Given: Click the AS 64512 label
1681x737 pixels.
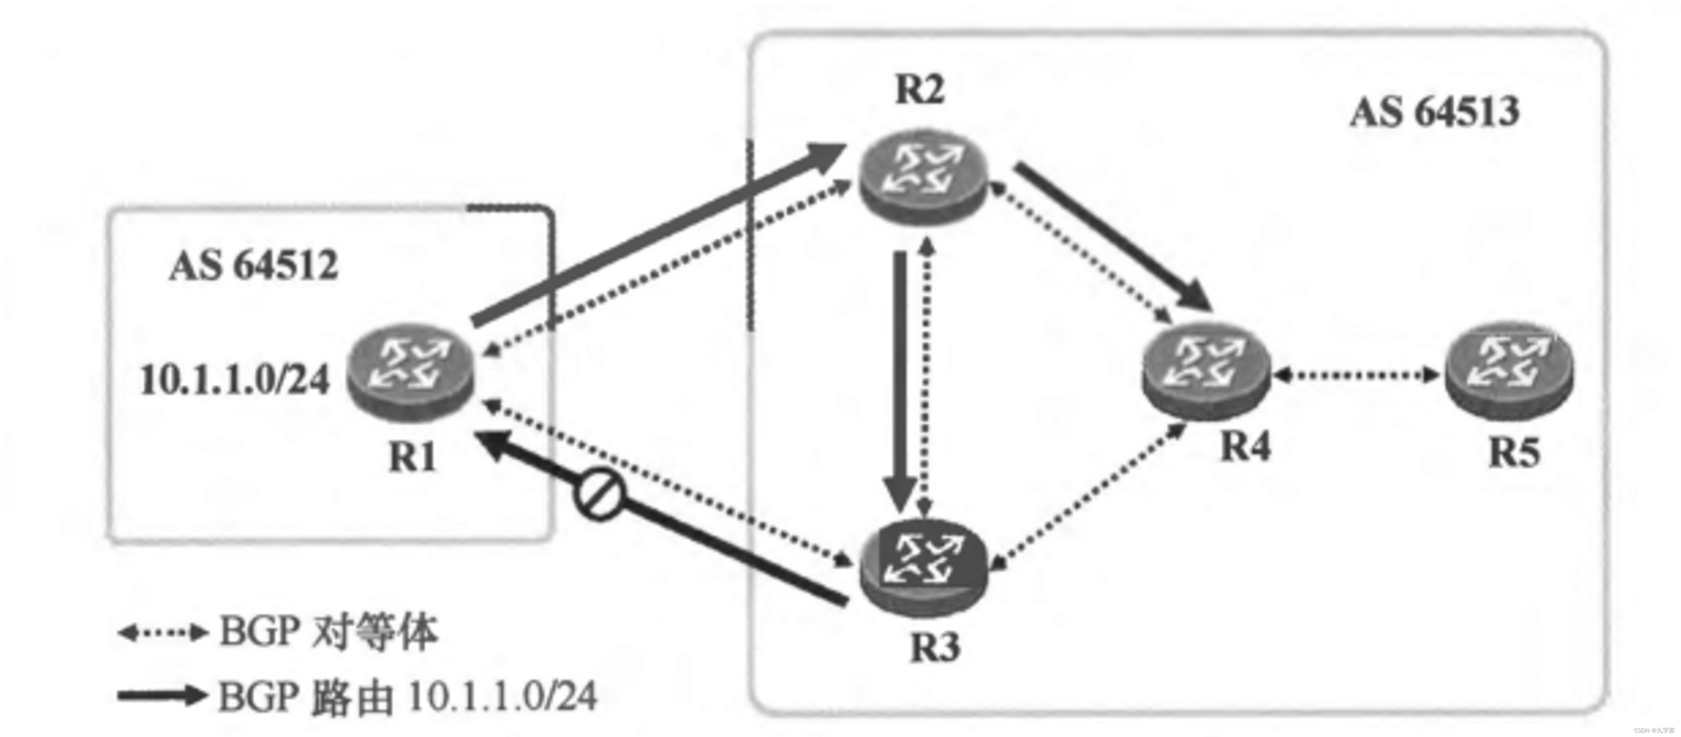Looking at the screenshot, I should point(254,266).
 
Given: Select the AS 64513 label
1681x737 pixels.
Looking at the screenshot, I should point(1434,112).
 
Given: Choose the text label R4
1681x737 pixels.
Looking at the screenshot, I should point(1245,447).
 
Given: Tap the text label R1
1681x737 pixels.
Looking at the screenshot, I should point(412,456).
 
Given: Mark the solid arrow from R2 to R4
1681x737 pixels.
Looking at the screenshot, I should point(1113,235).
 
